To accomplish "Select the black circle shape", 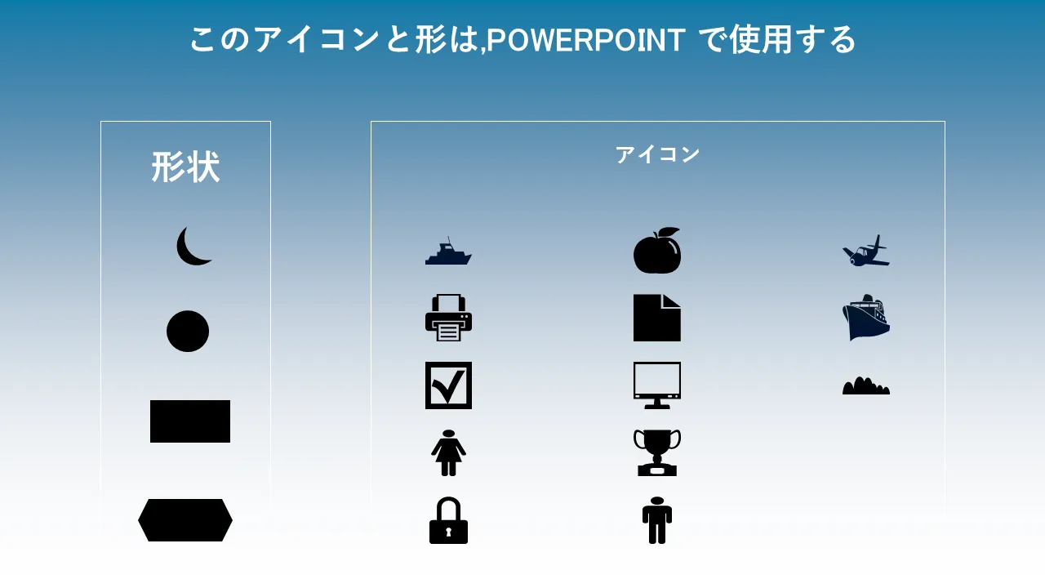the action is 188,331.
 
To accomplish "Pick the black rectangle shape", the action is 190,421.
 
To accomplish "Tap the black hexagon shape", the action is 185,520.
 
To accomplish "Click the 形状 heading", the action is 185,167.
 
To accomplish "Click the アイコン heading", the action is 657,154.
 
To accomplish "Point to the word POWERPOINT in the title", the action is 586,40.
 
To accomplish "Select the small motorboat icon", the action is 448,252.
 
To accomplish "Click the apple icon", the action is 657,251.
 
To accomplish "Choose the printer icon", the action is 448,318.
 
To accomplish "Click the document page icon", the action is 657,318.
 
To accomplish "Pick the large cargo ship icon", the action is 866,318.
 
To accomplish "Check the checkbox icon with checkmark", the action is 448,385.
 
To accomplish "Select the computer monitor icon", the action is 657,385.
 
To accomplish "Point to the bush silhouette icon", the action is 866,386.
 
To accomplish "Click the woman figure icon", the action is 448,452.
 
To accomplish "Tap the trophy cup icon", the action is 657,452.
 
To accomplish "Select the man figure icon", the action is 657,520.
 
